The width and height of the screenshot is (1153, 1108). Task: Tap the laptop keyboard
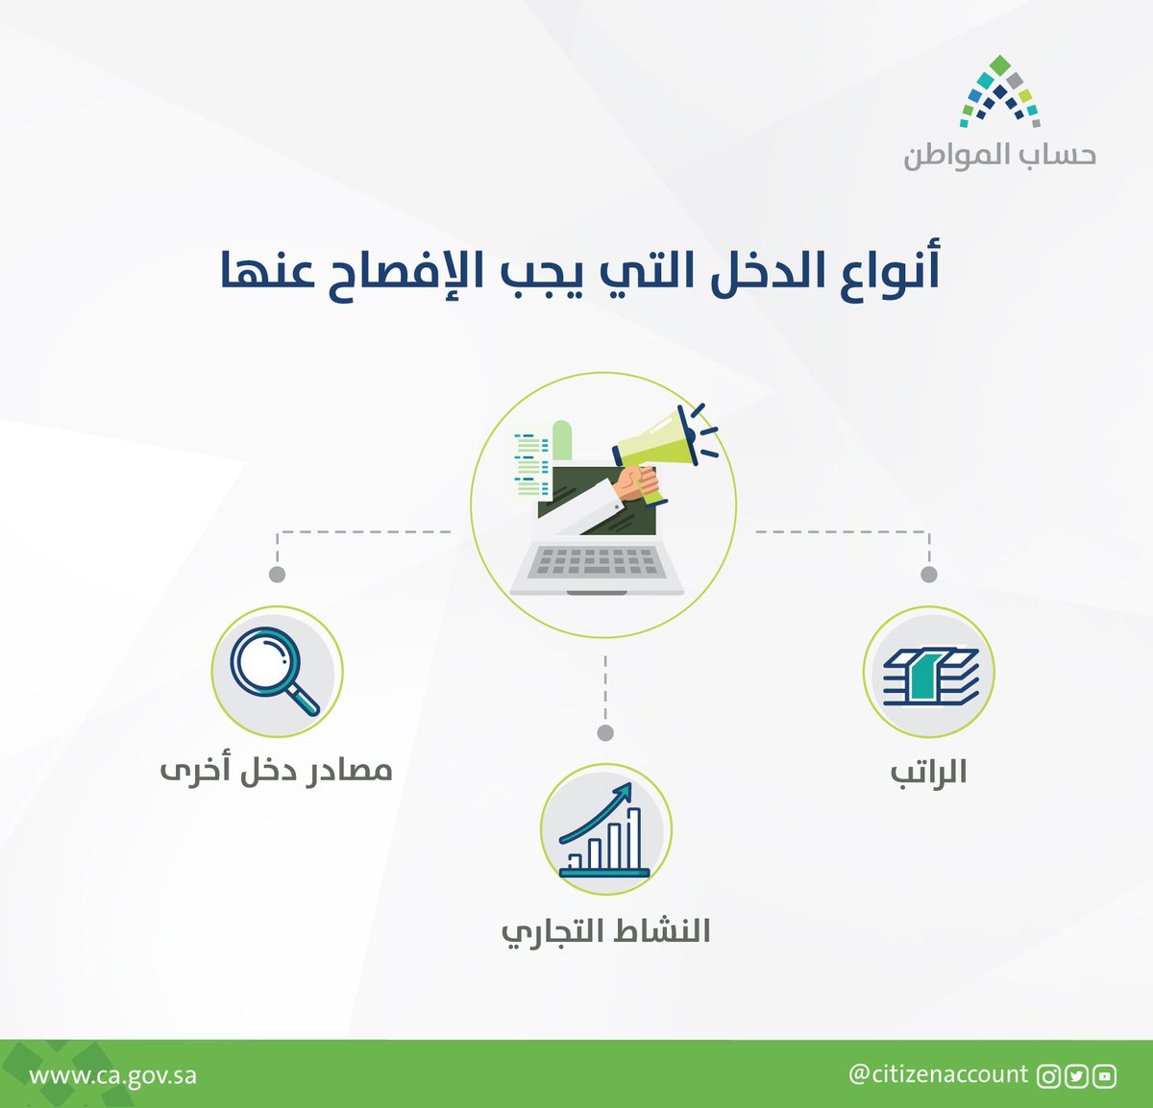[597, 561]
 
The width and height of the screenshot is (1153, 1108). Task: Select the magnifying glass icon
[275, 671]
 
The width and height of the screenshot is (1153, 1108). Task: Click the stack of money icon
[929, 673]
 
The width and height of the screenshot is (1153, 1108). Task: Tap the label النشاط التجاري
[605, 932]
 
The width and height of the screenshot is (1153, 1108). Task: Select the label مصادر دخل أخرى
[277, 772]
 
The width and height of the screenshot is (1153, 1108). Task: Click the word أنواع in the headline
[890, 272]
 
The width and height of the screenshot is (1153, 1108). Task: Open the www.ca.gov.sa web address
[113, 1074]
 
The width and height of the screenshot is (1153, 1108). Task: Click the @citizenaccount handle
[938, 1073]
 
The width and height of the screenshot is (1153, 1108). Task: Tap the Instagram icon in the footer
[1048, 1076]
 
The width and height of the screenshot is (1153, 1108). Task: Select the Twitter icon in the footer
[1076, 1076]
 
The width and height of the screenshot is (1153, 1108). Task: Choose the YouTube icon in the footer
[1105, 1076]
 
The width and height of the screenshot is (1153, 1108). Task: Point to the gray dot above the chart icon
[605, 733]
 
